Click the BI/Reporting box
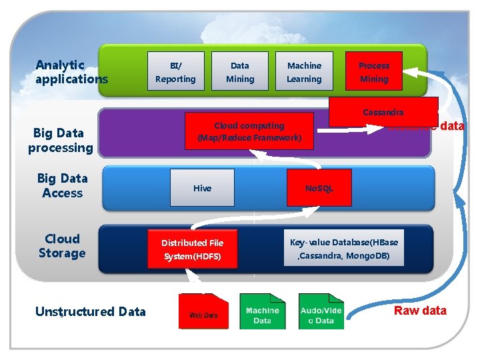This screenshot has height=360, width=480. coord(175,71)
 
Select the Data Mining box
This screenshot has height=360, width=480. coord(240,71)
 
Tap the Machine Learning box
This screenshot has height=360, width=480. coord(304,71)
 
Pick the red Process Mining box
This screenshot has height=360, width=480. coord(374,71)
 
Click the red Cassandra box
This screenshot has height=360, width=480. coord(383,111)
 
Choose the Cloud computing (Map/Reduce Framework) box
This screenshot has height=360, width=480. coord(249,132)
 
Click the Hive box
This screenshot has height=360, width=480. coord(202,187)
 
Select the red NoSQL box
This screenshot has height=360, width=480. coord(319,188)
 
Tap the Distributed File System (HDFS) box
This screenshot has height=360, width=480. coord(193,249)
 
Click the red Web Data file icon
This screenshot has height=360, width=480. coord(203,311)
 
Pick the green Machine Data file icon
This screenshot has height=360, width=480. coord(262,311)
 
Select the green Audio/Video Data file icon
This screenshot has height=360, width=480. coord(321,311)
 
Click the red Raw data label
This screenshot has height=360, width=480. coord(420,311)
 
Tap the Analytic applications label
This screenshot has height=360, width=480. coord(71,72)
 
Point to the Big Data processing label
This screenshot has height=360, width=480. coord(61,140)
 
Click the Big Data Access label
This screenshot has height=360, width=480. coord(62,185)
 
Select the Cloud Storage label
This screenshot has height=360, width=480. coord(62,246)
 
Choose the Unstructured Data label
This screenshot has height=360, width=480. coord(90,311)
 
